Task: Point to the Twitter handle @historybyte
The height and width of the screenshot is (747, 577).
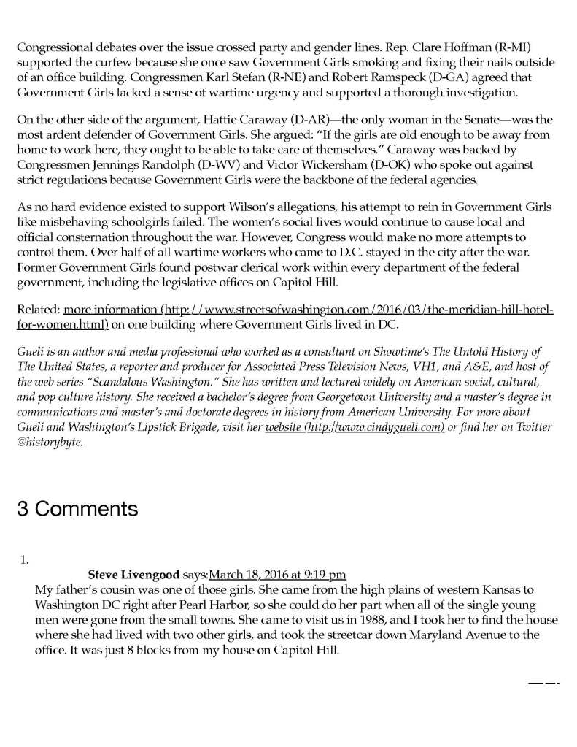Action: [x=48, y=442]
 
